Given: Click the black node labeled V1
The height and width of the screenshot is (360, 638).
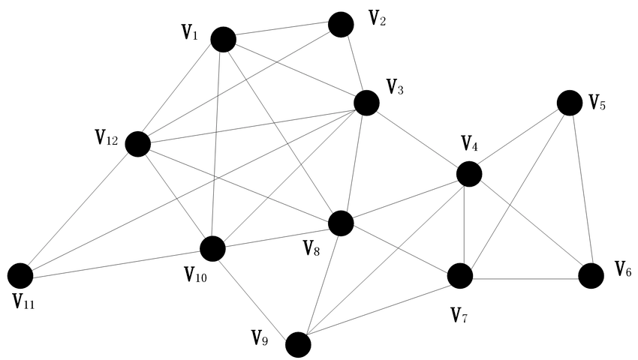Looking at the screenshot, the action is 224,40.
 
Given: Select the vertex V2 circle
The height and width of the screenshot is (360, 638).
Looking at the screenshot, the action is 341,25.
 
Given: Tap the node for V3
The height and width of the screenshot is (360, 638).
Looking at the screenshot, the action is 366,103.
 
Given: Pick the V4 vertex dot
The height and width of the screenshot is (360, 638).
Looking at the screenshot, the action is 469,174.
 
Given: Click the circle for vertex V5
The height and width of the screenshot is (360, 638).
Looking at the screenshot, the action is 569,103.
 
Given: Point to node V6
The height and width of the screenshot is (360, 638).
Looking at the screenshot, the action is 591,275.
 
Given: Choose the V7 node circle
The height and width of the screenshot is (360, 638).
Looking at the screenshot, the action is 460,275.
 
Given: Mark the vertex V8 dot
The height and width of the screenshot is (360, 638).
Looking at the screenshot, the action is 341,223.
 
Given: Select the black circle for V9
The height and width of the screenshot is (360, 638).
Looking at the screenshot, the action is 298,344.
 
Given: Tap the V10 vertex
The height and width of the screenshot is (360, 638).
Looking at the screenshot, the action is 213,248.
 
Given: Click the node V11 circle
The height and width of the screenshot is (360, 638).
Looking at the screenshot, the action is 20,275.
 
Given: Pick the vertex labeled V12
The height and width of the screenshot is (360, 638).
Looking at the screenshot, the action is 138,144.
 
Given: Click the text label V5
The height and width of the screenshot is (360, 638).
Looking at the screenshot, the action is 597,103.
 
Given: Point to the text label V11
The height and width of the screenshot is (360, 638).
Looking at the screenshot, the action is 23,301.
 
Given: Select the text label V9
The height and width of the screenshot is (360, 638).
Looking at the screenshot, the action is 260,337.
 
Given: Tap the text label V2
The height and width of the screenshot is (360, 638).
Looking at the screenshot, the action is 378,18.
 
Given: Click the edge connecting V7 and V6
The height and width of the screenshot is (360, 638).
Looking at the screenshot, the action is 525,279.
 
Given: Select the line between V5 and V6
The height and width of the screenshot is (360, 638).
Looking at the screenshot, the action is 582,189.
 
